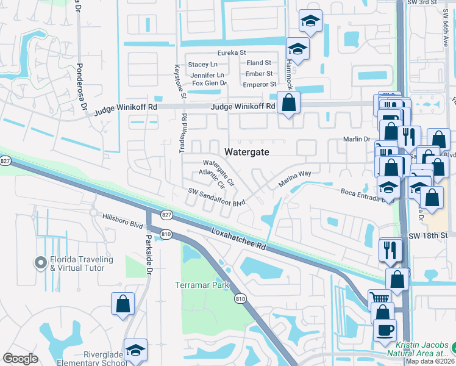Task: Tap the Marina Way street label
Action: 295,178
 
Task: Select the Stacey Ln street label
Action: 202,64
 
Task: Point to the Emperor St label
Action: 259,84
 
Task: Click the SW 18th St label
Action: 428,235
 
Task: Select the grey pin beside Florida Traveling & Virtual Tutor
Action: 41,263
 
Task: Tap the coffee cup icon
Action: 385,331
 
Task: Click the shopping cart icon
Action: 380,297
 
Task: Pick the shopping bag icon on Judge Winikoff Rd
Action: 288,102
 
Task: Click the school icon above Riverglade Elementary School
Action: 135,350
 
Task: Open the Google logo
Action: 20,359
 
